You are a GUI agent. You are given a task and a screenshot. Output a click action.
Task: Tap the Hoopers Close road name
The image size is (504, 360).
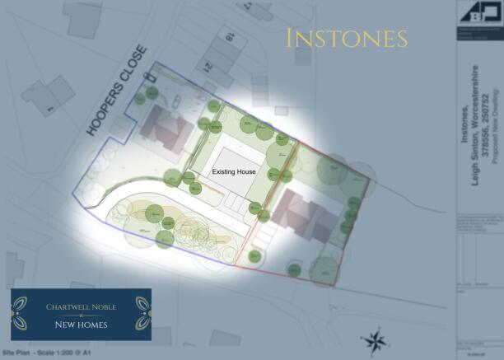pyautogui.click(x=116, y=91)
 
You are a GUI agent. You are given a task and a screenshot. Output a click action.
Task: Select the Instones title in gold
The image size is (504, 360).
pyautogui.click(x=347, y=38)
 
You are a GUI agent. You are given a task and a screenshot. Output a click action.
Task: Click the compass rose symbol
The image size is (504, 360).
pyautogui.click(x=376, y=339)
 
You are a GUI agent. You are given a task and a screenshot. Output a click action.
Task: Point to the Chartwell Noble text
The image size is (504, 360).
pyautogui.click(x=81, y=307)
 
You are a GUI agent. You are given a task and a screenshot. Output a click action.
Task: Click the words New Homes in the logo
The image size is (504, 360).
pyautogui.click(x=81, y=325)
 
